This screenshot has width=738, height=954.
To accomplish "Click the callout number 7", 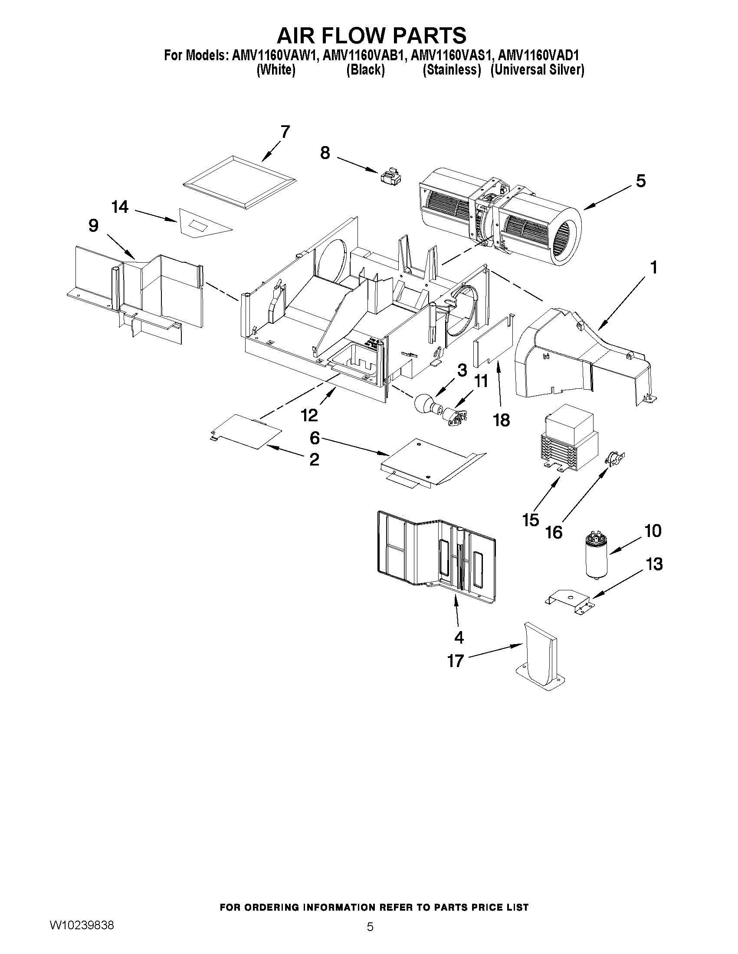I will click(x=285, y=132).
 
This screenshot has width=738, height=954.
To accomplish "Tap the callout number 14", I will click(x=120, y=207).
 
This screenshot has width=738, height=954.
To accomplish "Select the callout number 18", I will click(x=501, y=420).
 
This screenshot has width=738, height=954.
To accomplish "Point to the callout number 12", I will click(x=309, y=415).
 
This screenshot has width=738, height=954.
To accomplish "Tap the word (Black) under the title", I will click(x=365, y=70).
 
